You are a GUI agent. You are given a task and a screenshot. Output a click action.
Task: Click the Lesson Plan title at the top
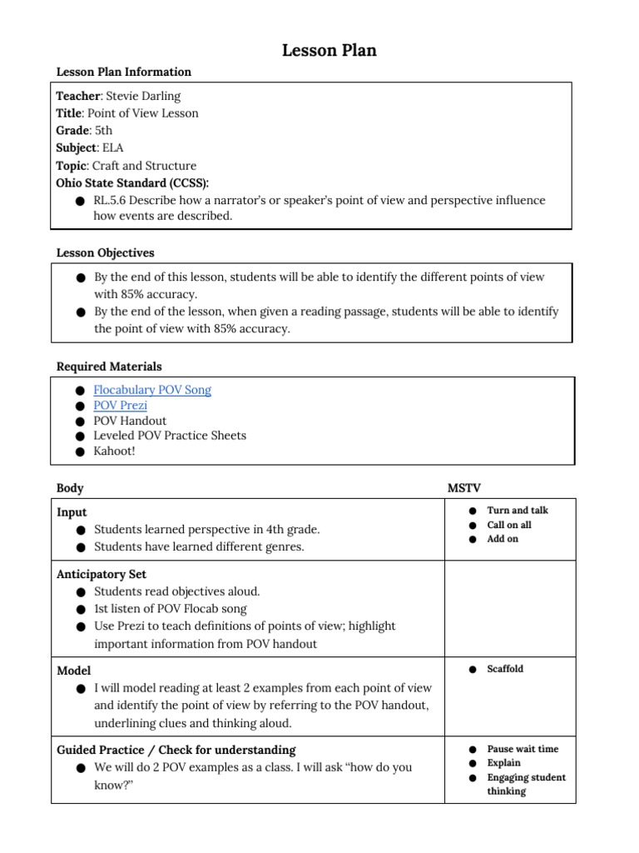(x=329, y=51)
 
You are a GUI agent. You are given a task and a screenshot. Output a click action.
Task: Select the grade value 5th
(x=102, y=131)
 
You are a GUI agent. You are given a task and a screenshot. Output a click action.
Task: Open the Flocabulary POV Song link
(x=152, y=390)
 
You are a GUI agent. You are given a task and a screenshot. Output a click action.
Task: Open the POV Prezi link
(x=121, y=406)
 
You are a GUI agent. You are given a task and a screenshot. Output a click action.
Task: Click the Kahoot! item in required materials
(x=114, y=451)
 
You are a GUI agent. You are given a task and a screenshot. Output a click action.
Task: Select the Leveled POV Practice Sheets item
(x=170, y=436)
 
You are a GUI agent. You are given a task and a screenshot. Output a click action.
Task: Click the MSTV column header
(x=463, y=488)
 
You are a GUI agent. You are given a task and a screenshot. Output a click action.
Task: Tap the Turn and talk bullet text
(x=518, y=511)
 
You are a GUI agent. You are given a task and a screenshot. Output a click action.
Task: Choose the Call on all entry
(x=509, y=525)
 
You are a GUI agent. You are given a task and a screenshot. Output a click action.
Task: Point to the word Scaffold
(x=505, y=669)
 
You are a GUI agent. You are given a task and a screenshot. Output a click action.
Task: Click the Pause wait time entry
(x=523, y=749)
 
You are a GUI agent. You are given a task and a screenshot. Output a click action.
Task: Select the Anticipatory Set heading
(x=102, y=575)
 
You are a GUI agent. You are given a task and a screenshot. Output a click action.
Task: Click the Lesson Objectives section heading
(x=105, y=252)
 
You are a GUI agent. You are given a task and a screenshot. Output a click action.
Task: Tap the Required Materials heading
(x=109, y=367)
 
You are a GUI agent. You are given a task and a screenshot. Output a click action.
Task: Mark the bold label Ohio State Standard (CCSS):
(x=132, y=182)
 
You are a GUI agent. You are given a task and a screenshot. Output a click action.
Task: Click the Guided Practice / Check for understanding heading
(x=176, y=750)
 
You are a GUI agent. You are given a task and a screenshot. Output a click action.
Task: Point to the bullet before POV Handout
(x=79, y=422)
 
